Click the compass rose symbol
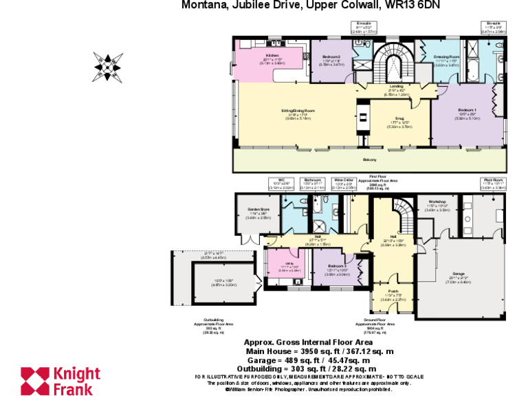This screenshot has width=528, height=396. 109,67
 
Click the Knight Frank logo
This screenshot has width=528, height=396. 60,380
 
